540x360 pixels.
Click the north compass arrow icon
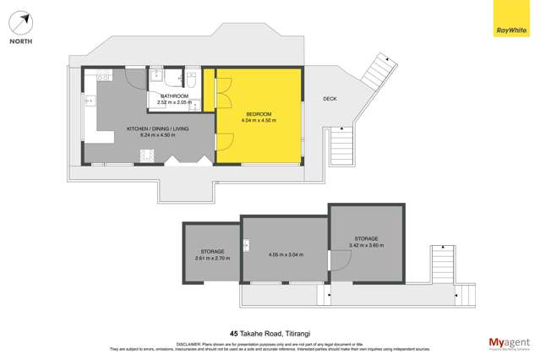[x=22, y=20]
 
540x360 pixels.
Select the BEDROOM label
[x=259, y=114]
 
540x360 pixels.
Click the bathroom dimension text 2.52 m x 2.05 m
[x=174, y=102]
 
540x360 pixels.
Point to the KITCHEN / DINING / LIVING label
[x=157, y=128]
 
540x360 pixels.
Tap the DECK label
[x=330, y=99]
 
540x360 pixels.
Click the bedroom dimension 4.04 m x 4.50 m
[x=259, y=121]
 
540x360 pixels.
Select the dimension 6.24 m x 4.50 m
[x=157, y=135]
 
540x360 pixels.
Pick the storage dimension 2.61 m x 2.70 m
[x=212, y=259]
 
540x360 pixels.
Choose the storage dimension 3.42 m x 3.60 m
[x=366, y=245]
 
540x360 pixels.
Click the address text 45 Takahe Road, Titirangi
[x=270, y=333]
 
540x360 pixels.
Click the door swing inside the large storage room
[x=339, y=264]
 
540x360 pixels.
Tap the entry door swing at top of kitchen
[x=134, y=77]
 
